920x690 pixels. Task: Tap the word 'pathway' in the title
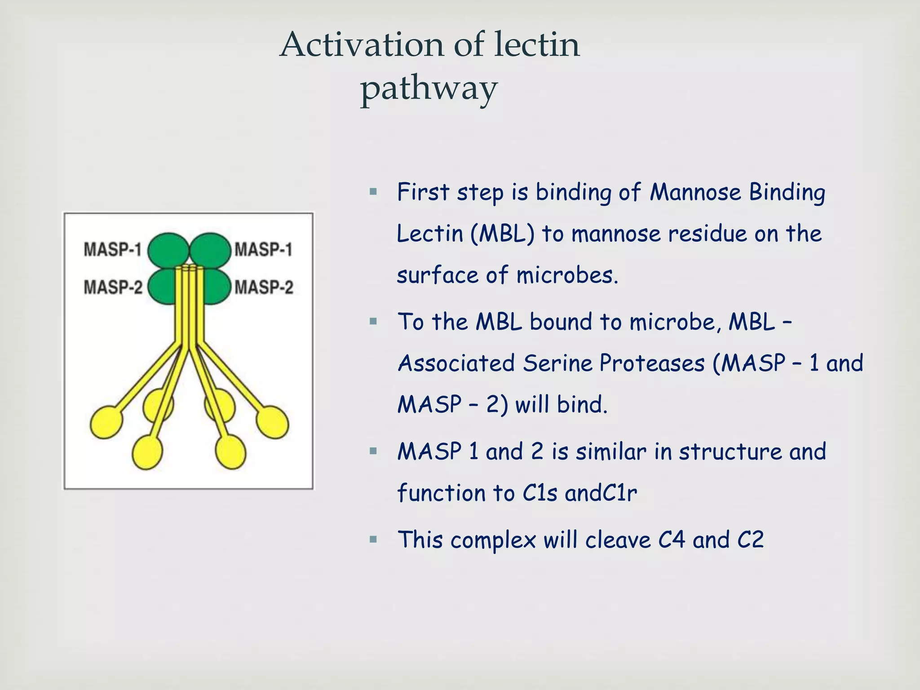[x=429, y=88]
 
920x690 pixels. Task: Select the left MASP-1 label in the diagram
[x=113, y=249]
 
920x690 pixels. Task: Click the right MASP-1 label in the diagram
[x=264, y=249]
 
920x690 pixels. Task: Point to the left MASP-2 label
[x=113, y=287]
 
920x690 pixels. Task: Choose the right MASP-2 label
[x=264, y=287]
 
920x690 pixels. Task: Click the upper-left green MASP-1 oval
[x=168, y=250]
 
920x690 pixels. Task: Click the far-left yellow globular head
[x=106, y=422]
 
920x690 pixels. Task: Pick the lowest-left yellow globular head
[x=147, y=453]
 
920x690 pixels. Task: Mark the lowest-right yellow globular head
[x=230, y=453]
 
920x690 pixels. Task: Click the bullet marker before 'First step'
[x=373, y=193]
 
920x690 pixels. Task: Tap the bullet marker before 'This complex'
[x=373, y=539]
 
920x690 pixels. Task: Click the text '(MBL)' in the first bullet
[x=503, y=234]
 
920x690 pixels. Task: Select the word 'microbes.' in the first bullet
[x=567, y=275]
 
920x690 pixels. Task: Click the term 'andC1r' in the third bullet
[x=601, y=493]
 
